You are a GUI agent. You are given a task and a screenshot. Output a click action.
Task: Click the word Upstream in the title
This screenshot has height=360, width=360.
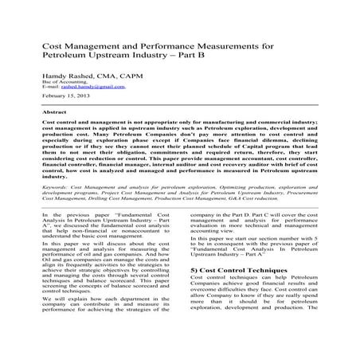[119, 57]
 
